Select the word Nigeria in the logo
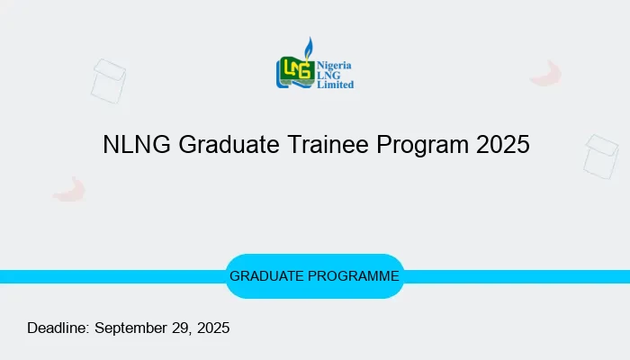(x=334, y=65)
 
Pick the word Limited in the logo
(x=335, y=85)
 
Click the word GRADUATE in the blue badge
(x=267, y=276)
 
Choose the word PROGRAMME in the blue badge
(x=355, y=276)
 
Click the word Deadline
(x=58, y=328)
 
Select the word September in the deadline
(x=133, y=328)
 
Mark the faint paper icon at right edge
(x=601, y=157)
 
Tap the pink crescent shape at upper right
(x=546, y=74)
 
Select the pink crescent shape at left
(x=69, y=189)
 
